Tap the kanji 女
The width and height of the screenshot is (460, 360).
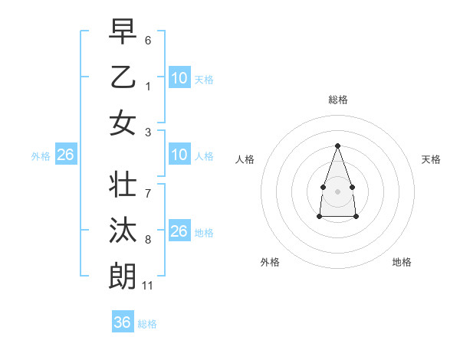123,123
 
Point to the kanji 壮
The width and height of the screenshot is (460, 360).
123,185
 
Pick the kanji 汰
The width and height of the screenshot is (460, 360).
123,231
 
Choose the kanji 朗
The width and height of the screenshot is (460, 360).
123,276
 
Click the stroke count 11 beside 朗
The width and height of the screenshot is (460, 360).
148,286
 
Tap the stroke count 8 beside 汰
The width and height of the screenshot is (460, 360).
148,240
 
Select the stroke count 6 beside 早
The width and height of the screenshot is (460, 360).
148,40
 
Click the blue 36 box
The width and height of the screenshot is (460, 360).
123,322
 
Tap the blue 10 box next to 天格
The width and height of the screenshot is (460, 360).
179,77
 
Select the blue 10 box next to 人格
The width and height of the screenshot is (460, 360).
179,155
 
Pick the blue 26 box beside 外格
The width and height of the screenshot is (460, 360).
65,155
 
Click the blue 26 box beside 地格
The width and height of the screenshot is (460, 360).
179,231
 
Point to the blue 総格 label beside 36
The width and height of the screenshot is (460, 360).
147,324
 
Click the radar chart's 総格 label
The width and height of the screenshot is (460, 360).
337,100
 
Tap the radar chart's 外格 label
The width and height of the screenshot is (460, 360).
270,262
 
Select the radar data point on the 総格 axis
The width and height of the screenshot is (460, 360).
337,146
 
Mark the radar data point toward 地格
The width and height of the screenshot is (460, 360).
356,217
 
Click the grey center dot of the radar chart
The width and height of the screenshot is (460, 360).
337,191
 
